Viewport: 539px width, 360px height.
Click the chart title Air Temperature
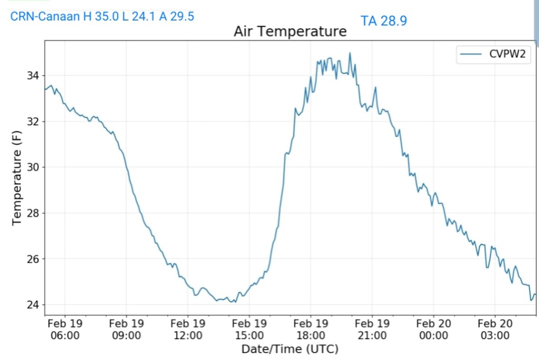coord(290,32)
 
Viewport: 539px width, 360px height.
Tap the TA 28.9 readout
coord(384,21)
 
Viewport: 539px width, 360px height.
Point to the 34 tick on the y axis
coord(32,76)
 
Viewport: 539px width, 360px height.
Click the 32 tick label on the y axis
coord(32,122)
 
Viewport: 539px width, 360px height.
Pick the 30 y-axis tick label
coord(32,167)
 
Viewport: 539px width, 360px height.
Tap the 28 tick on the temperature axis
coord(32,213)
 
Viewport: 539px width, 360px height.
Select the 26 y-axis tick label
coord(32,259)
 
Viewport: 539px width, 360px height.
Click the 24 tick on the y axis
coord(32,305)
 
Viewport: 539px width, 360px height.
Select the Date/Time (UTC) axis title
coord(290,349)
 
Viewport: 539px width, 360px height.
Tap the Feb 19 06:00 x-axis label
coord(65,329)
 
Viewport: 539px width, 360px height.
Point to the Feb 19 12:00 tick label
coord(188,329)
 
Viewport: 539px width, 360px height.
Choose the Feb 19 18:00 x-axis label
coord(311,329)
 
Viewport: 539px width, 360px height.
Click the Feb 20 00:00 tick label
coord(434,329)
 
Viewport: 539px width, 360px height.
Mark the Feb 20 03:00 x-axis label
coord(495,329)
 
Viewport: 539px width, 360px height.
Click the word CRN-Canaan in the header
coord(45,16)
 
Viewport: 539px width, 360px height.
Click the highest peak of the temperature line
coord(350,53)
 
